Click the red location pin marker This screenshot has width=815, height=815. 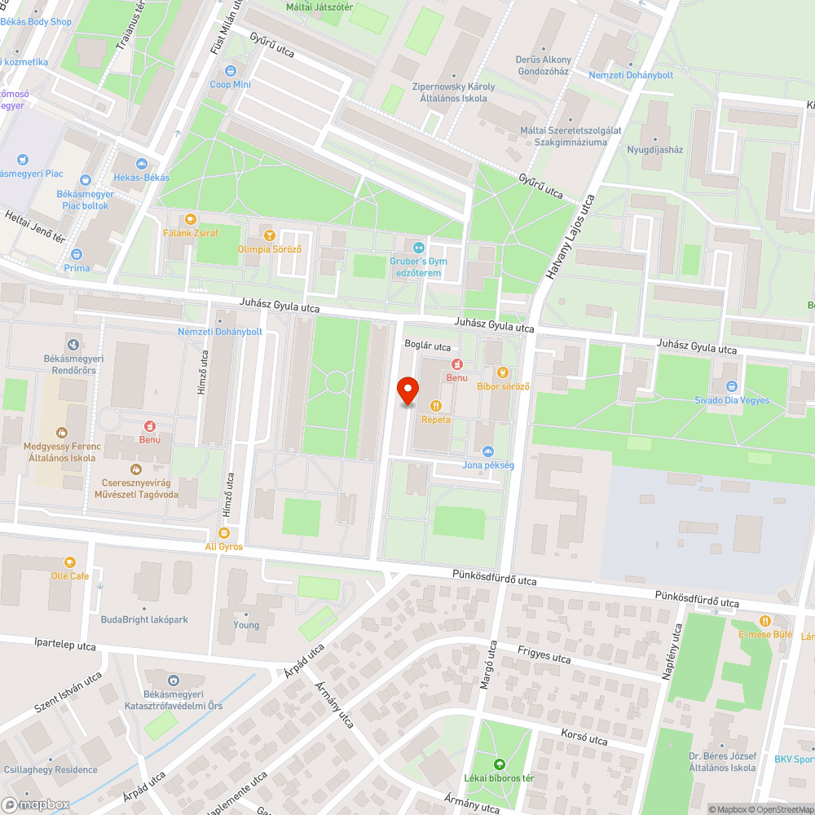(x=407, y=390)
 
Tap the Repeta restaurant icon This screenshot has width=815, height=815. (x=436, y=405)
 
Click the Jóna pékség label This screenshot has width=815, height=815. (x=488, y=465)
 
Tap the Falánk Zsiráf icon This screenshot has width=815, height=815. (x=191, y=218)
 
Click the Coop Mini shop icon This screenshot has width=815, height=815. (x=231, y=71)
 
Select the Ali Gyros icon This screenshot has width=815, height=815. (x=223, y=532)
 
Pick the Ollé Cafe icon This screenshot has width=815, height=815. (x=69, y=562)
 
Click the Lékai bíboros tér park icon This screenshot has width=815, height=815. (x=499, y=764)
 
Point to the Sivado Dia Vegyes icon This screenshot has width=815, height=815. (x=731, y=386)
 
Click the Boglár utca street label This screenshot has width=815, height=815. (x=427, y=346)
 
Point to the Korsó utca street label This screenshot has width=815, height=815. (x=584, y=739)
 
